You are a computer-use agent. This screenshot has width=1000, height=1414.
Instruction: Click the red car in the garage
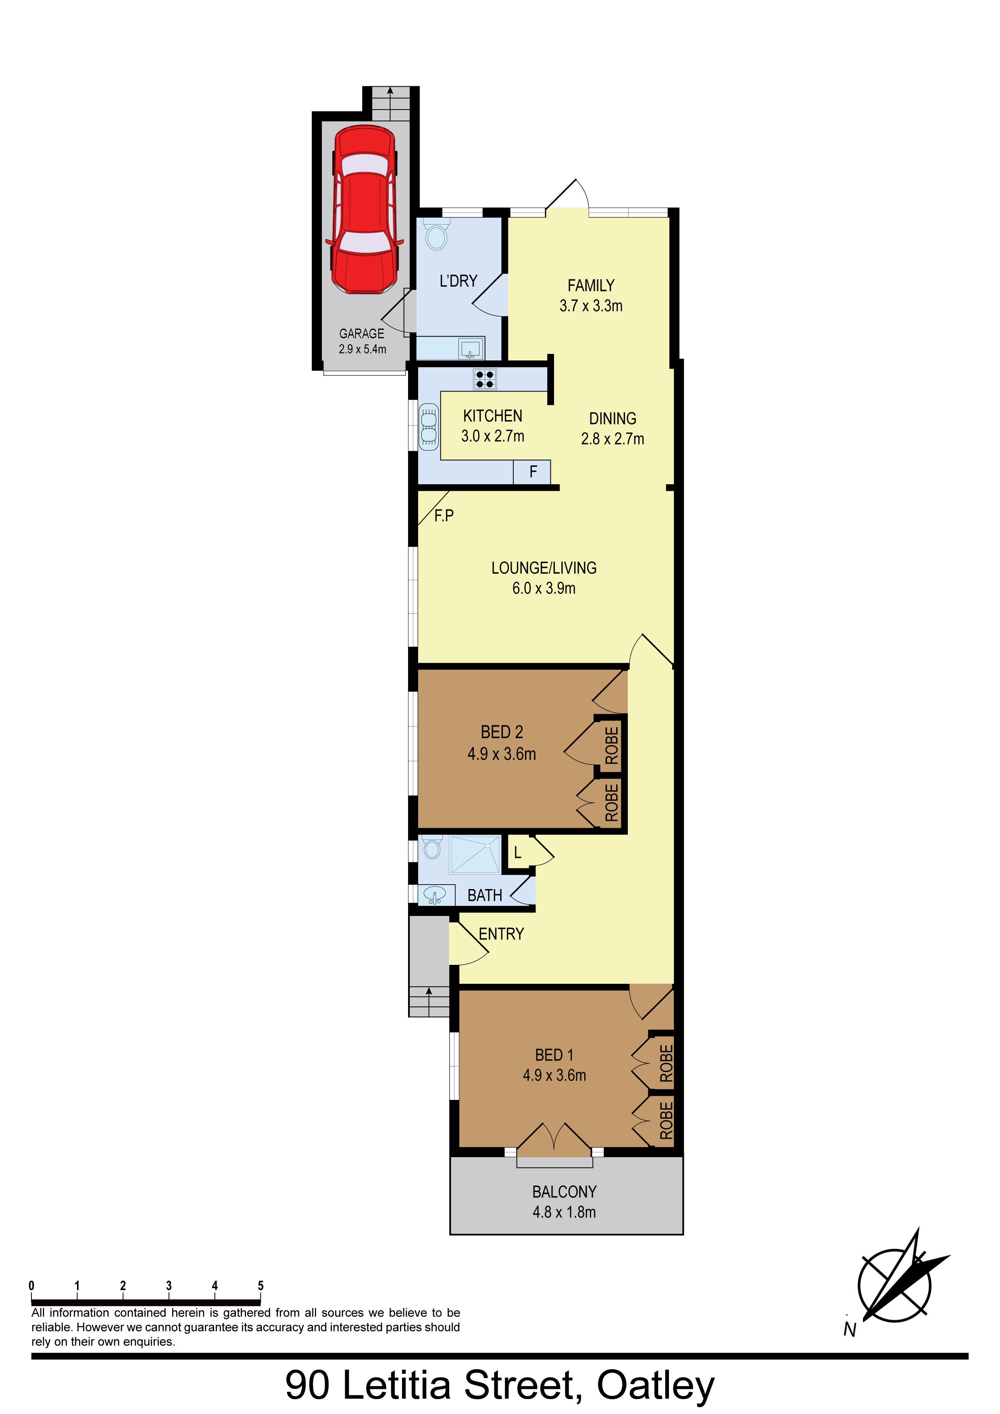click(x=365, y=209)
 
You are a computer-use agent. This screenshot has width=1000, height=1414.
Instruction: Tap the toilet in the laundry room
click(x=437, y=234)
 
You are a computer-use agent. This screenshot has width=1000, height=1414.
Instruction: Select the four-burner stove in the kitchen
click(x=485, y=379)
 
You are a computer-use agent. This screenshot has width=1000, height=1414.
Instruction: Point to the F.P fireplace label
click(x=444, y=515)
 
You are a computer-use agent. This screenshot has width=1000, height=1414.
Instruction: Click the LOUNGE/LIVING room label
click(x=544, y=568)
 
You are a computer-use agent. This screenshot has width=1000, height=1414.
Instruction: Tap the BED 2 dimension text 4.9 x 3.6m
click(x=502, y=754)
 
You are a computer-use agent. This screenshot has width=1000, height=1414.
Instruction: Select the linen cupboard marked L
click(x=518, y=852)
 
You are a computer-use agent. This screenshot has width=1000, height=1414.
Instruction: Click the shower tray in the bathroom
click(x=475, y=854)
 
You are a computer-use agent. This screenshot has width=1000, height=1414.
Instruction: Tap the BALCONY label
click(x=564, y=1192)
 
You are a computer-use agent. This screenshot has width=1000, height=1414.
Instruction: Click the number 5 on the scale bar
click(x=260, y=1285)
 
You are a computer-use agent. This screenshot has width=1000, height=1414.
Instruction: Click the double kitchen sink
click(x=429, y=425)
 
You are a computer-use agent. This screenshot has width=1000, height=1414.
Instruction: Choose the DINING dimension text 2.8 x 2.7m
click(x=612, y=439)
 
